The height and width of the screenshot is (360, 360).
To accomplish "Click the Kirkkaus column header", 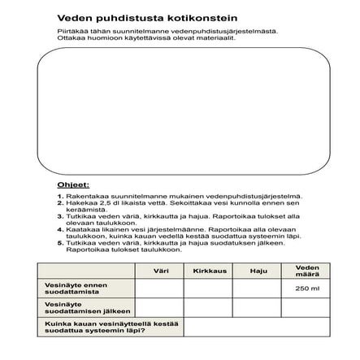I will pos(208,271).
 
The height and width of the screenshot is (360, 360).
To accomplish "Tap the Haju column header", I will pos(258,271).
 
